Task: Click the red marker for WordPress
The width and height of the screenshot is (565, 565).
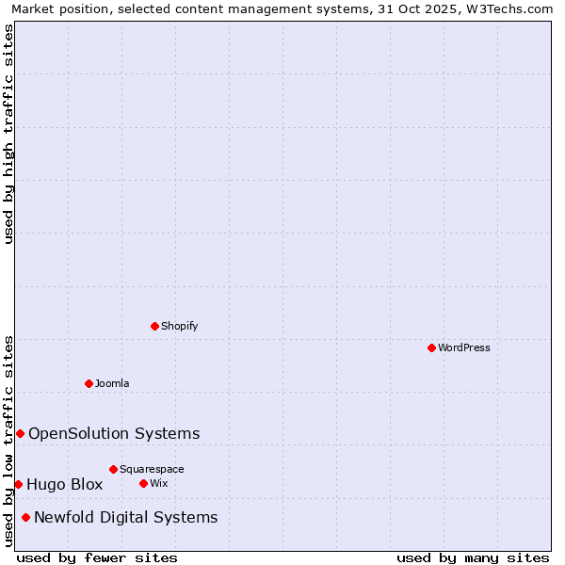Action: tap(431, 347)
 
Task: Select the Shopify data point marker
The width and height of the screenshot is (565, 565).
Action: tap(154, 326)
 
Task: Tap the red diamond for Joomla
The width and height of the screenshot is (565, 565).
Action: tap(89, 383)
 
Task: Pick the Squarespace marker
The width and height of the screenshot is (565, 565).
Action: tap(113, 469)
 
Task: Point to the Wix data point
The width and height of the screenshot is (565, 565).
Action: tap(143, 483)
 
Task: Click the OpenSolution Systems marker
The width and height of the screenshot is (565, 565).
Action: tap(20, 433)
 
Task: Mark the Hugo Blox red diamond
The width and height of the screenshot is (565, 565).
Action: tap(18, 484)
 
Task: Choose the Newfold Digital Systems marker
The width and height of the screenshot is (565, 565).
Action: tap(25, 517)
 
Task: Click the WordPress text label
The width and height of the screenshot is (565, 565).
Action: tap(464, 347)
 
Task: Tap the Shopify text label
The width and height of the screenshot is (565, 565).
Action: tap(179, 326)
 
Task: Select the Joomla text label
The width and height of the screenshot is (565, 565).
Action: tap(112, 383)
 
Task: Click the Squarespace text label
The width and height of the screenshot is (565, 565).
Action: tap(152, 469)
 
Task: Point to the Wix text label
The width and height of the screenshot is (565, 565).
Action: tap(158, 483)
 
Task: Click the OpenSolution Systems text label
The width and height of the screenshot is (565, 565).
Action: tap(114, 433)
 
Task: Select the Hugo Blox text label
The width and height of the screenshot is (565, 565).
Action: tap(64, 484)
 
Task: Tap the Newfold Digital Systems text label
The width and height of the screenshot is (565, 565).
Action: tap(125, 517)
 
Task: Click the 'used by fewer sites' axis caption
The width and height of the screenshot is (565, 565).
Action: tap(97, 557)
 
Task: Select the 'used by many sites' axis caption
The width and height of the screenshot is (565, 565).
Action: tap(473, 557)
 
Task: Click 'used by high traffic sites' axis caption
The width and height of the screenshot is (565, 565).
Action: tap(9, 134)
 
